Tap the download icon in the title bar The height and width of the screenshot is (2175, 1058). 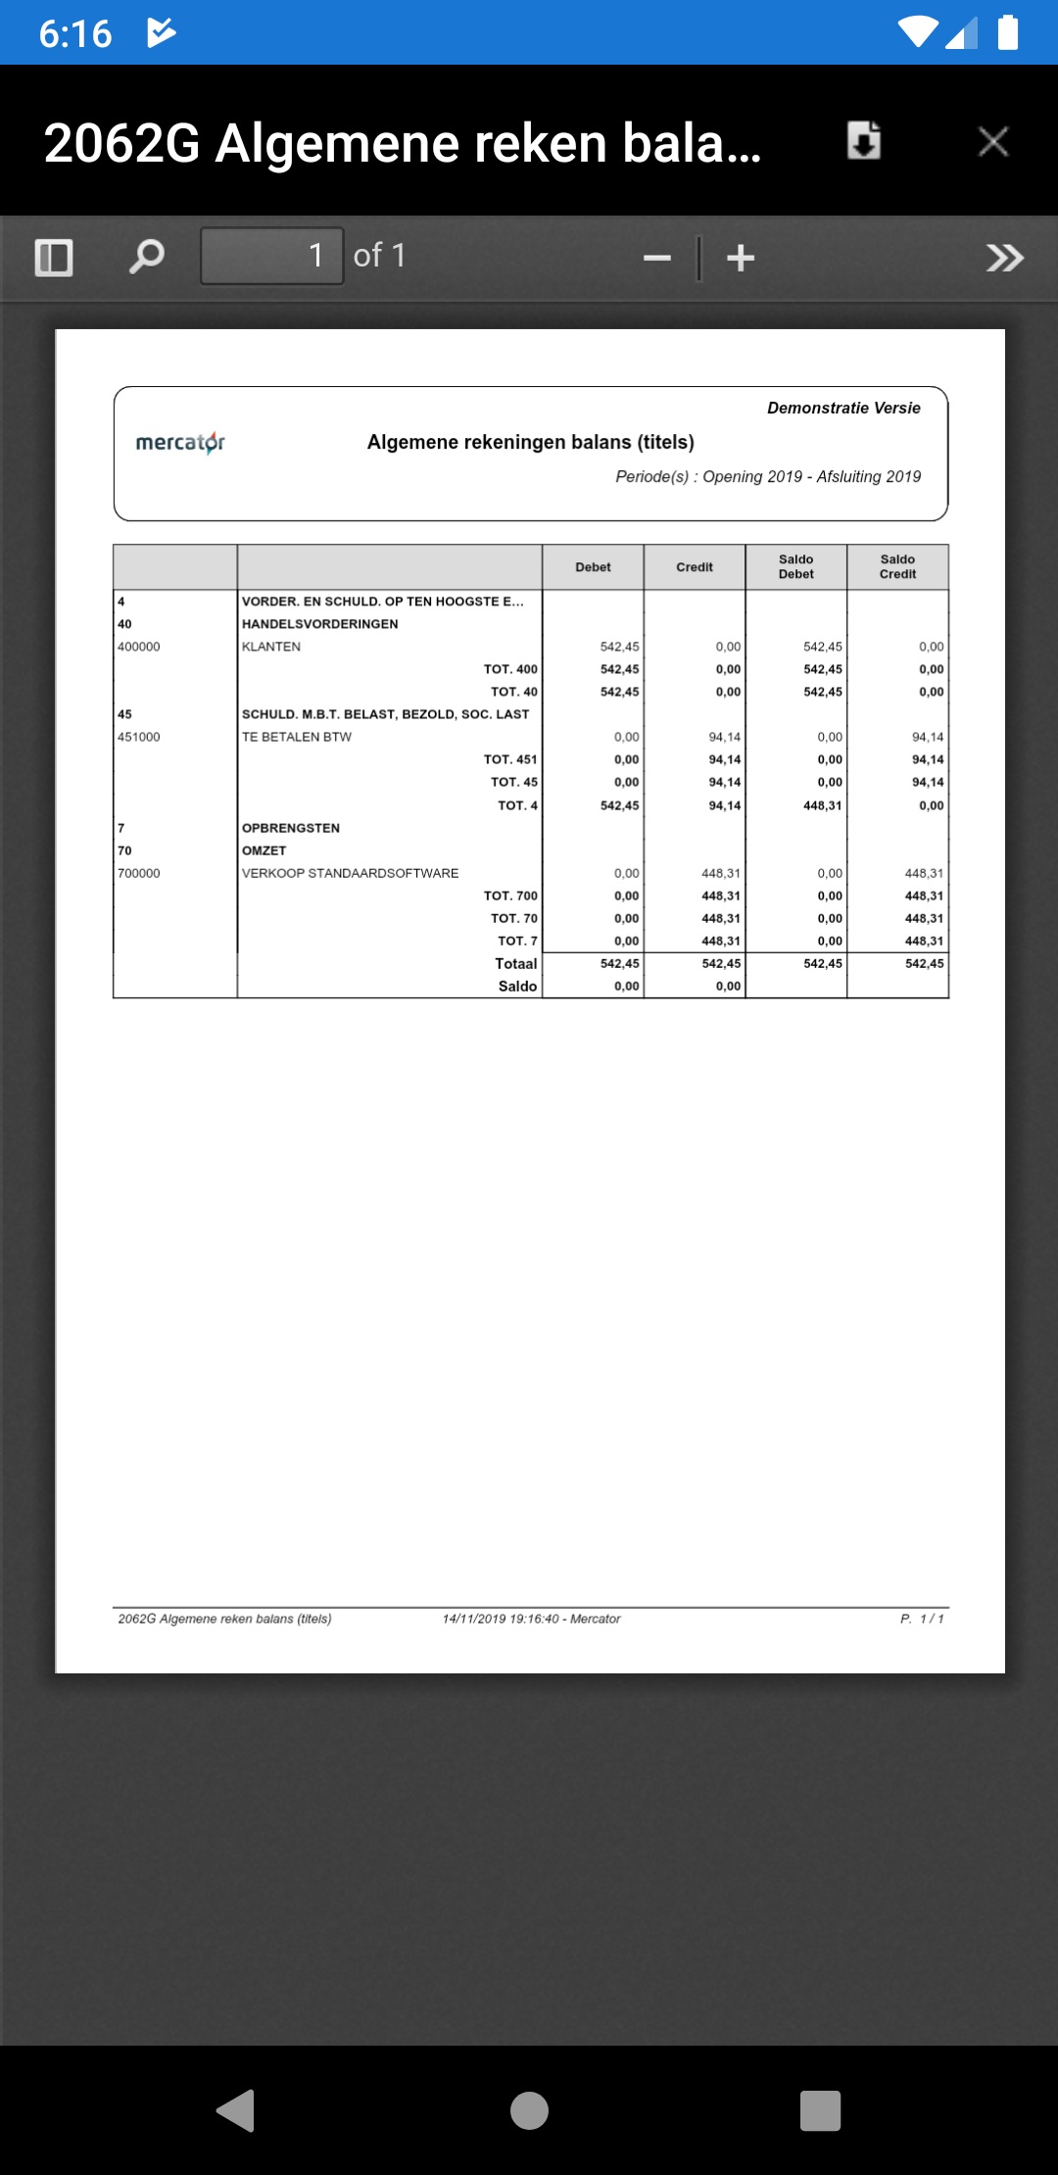tap(863, 141)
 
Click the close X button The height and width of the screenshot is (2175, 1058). tap(993, 142)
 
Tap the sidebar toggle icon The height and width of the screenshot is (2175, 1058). tap(54, 258)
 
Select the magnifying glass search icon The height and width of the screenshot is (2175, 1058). tap(147, 258)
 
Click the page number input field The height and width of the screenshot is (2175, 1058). tap(271, 257)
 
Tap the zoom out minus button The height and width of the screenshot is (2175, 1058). tap(656, 259)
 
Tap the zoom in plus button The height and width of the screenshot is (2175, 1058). tap(741, 259)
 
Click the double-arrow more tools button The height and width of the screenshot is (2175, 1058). tap(1004, 259)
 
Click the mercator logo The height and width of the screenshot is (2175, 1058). tap(180, 443)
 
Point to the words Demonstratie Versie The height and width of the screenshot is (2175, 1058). tap(843, 408)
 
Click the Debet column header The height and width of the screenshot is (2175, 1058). tap(593, 567)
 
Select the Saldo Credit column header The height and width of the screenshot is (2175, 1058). tap(897, 567)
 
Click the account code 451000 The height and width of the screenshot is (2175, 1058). tap(139, 737)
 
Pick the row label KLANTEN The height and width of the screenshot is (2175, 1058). tap(271, 647)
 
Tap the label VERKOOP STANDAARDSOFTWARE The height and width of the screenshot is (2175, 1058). tap(350, 873)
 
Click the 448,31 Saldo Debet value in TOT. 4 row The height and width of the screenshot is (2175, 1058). tap(822, 805)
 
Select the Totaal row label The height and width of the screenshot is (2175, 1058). tap(515, 964)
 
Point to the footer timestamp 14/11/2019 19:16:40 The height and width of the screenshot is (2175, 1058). tap(500, 1619)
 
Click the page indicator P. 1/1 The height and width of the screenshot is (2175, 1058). tap(922, 1619)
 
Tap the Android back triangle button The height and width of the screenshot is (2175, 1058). tap(236, 2110)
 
